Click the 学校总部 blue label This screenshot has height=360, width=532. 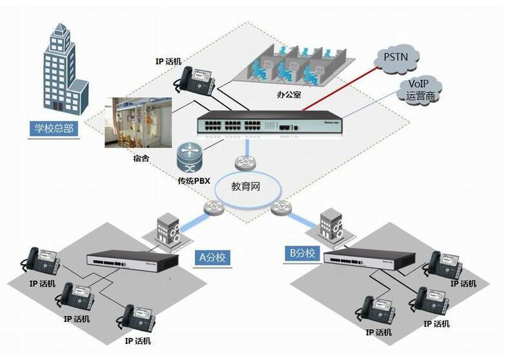point(54,128)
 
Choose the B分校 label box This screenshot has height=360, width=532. point(302,253)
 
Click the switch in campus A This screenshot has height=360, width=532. point(134,261)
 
